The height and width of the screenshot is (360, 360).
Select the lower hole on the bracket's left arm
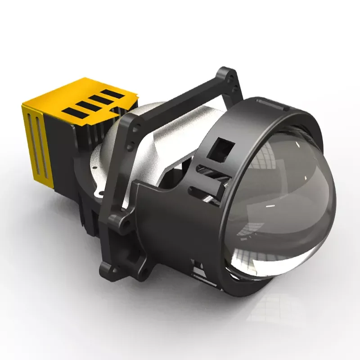tap(131, 146)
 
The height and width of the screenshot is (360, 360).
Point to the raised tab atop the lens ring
tap(272, 105)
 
